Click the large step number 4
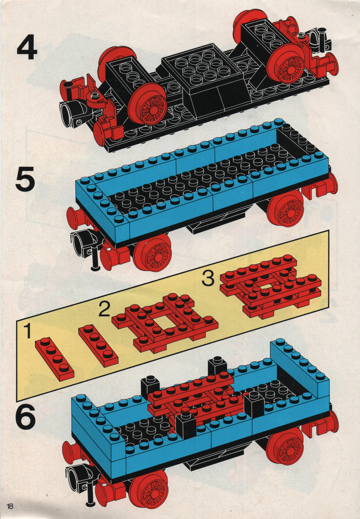point(27,48)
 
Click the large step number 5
point(25,179)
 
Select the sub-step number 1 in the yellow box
point(28,331)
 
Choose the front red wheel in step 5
point(152,253)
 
